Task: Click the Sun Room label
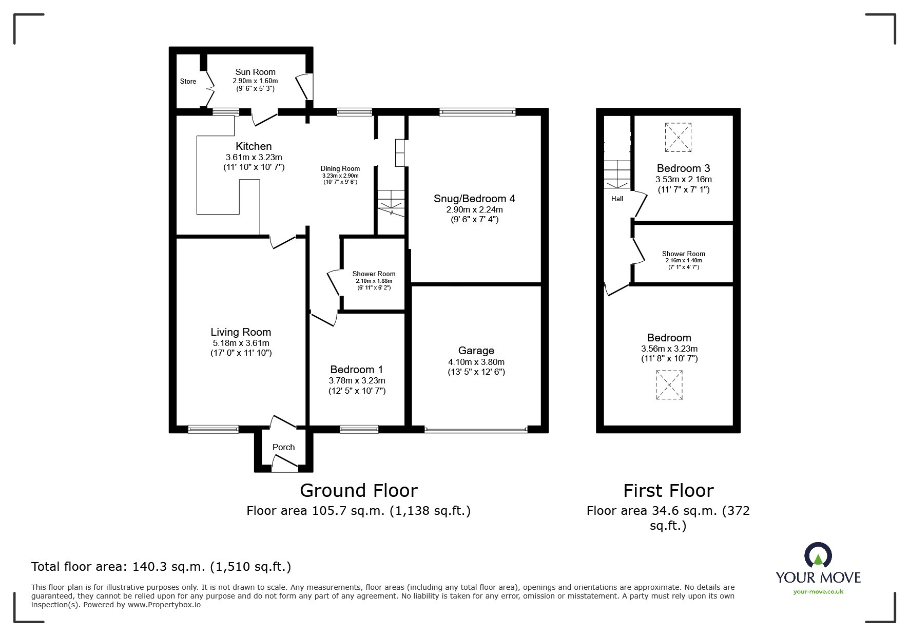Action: [x=255, y=72]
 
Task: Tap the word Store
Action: [x=188, y=81]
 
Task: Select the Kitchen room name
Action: [x=254, y=146]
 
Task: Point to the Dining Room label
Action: [x=340, y=168]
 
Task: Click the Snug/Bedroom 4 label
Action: [x=474, y=199]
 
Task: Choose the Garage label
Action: [x=476, y=351]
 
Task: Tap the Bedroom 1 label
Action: [x=357, y=370]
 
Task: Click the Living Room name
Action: [x=241, y=332]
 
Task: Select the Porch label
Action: [x=283, y=447]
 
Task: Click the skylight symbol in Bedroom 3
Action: [x=678, y=137]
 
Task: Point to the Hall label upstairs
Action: [x=617, y=199]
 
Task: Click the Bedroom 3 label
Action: [x=684, y=168]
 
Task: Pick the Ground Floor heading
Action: [x=359, y=491]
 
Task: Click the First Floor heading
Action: [x=668, y=491]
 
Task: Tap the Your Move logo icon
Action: [x=818, y=555]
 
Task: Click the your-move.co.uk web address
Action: [x=818, y=592]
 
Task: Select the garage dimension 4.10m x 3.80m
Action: [x=476, y=362]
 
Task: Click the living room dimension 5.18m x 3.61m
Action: [x=241, y=343]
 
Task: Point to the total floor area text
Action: [x=161, y=567]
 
